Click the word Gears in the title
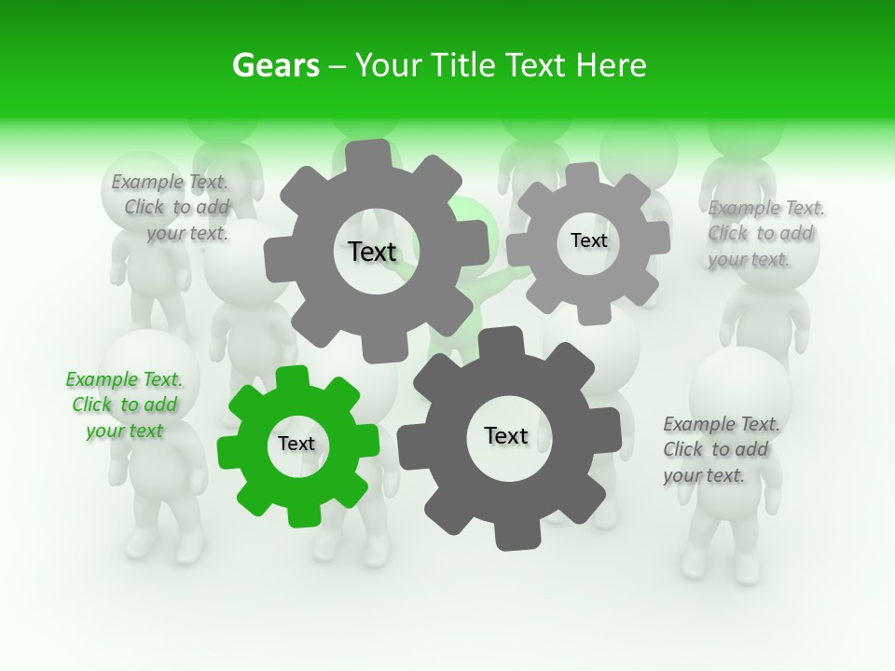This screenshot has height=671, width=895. pos(275,65)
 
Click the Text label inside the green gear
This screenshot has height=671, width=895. pos(296,445)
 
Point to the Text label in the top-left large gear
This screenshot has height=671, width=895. pos(372,252)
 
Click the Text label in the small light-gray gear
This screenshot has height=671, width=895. pos(588,240)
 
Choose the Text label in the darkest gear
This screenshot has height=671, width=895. pos(506,436)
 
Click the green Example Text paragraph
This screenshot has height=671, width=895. pos(124,405)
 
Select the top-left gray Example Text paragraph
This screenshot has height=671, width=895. pos(171,208)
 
